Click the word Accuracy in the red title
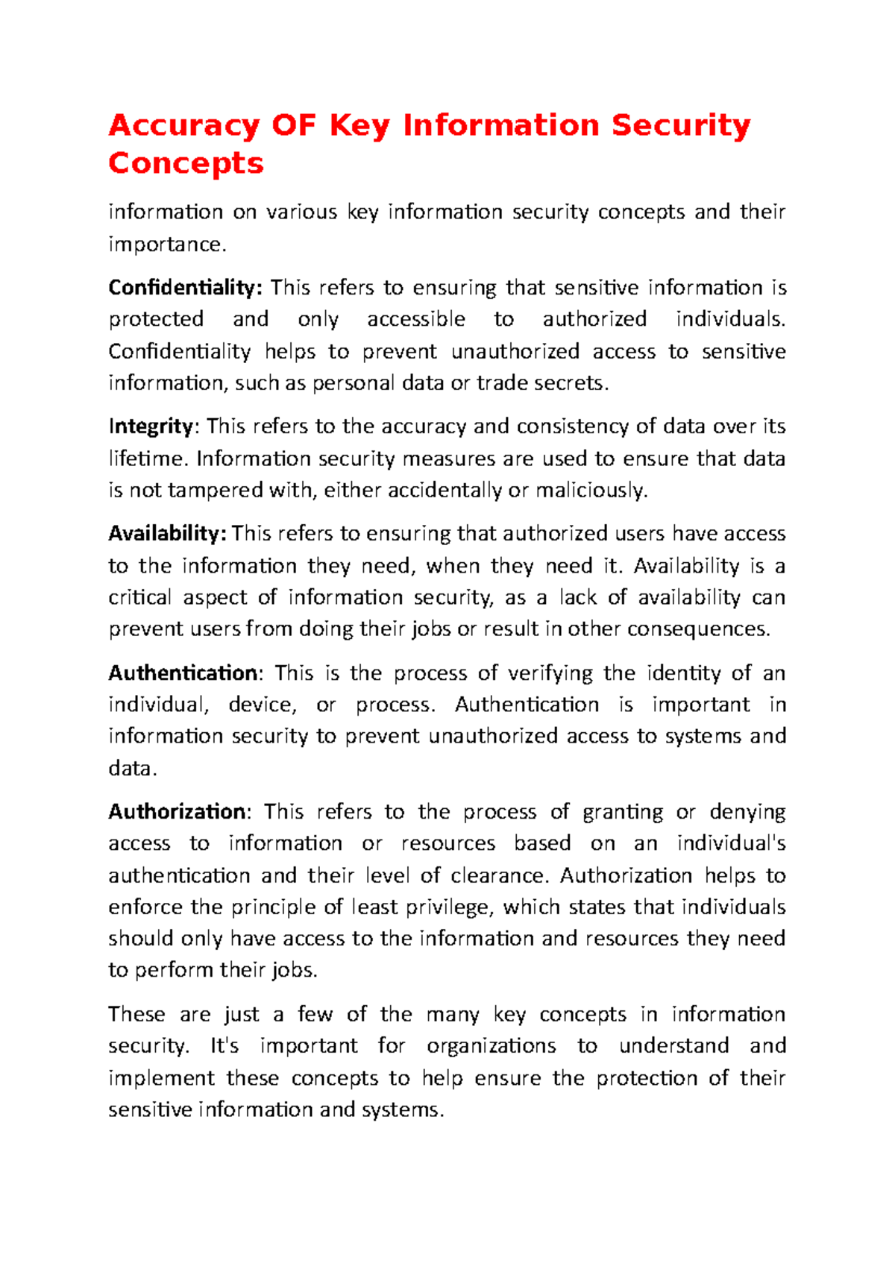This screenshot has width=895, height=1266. coord(183,126)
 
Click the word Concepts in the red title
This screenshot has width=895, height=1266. coord(186,163)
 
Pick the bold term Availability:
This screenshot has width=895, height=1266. coord(167,533)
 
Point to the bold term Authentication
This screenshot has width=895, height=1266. coord(183,673)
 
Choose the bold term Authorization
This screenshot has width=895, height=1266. coord(178,811)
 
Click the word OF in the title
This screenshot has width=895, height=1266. coord(294,125)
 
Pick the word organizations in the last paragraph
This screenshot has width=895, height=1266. coord(491,1047)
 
